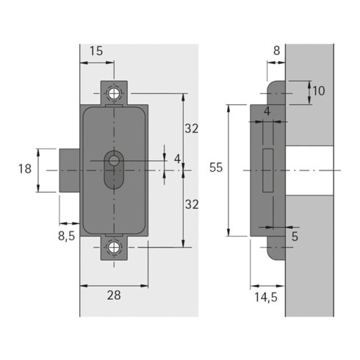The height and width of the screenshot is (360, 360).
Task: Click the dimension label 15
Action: point(96,51)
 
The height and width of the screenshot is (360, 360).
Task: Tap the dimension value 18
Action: point(25,169)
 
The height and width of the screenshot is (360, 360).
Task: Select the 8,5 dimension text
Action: point(66,237)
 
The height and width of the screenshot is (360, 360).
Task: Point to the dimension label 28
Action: point(114,295)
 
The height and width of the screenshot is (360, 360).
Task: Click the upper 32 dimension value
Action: point(192,129)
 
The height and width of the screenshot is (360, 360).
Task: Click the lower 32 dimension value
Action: point(192,204)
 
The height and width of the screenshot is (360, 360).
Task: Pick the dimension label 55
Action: point(216,168)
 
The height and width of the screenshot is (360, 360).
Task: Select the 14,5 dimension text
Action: point(266,298)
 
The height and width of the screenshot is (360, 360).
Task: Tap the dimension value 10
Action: point(319,91)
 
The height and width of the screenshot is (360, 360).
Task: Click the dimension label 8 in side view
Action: point(276,51)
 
